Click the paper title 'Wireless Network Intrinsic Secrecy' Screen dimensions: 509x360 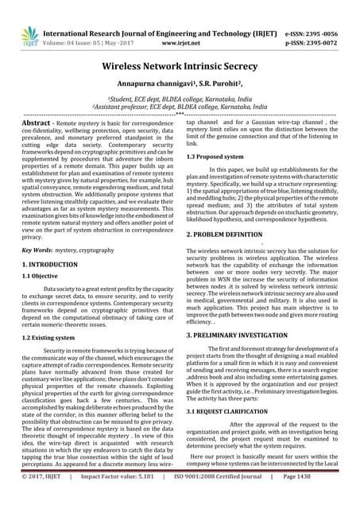[180, 69]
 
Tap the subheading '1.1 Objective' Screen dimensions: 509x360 [42, 278]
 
